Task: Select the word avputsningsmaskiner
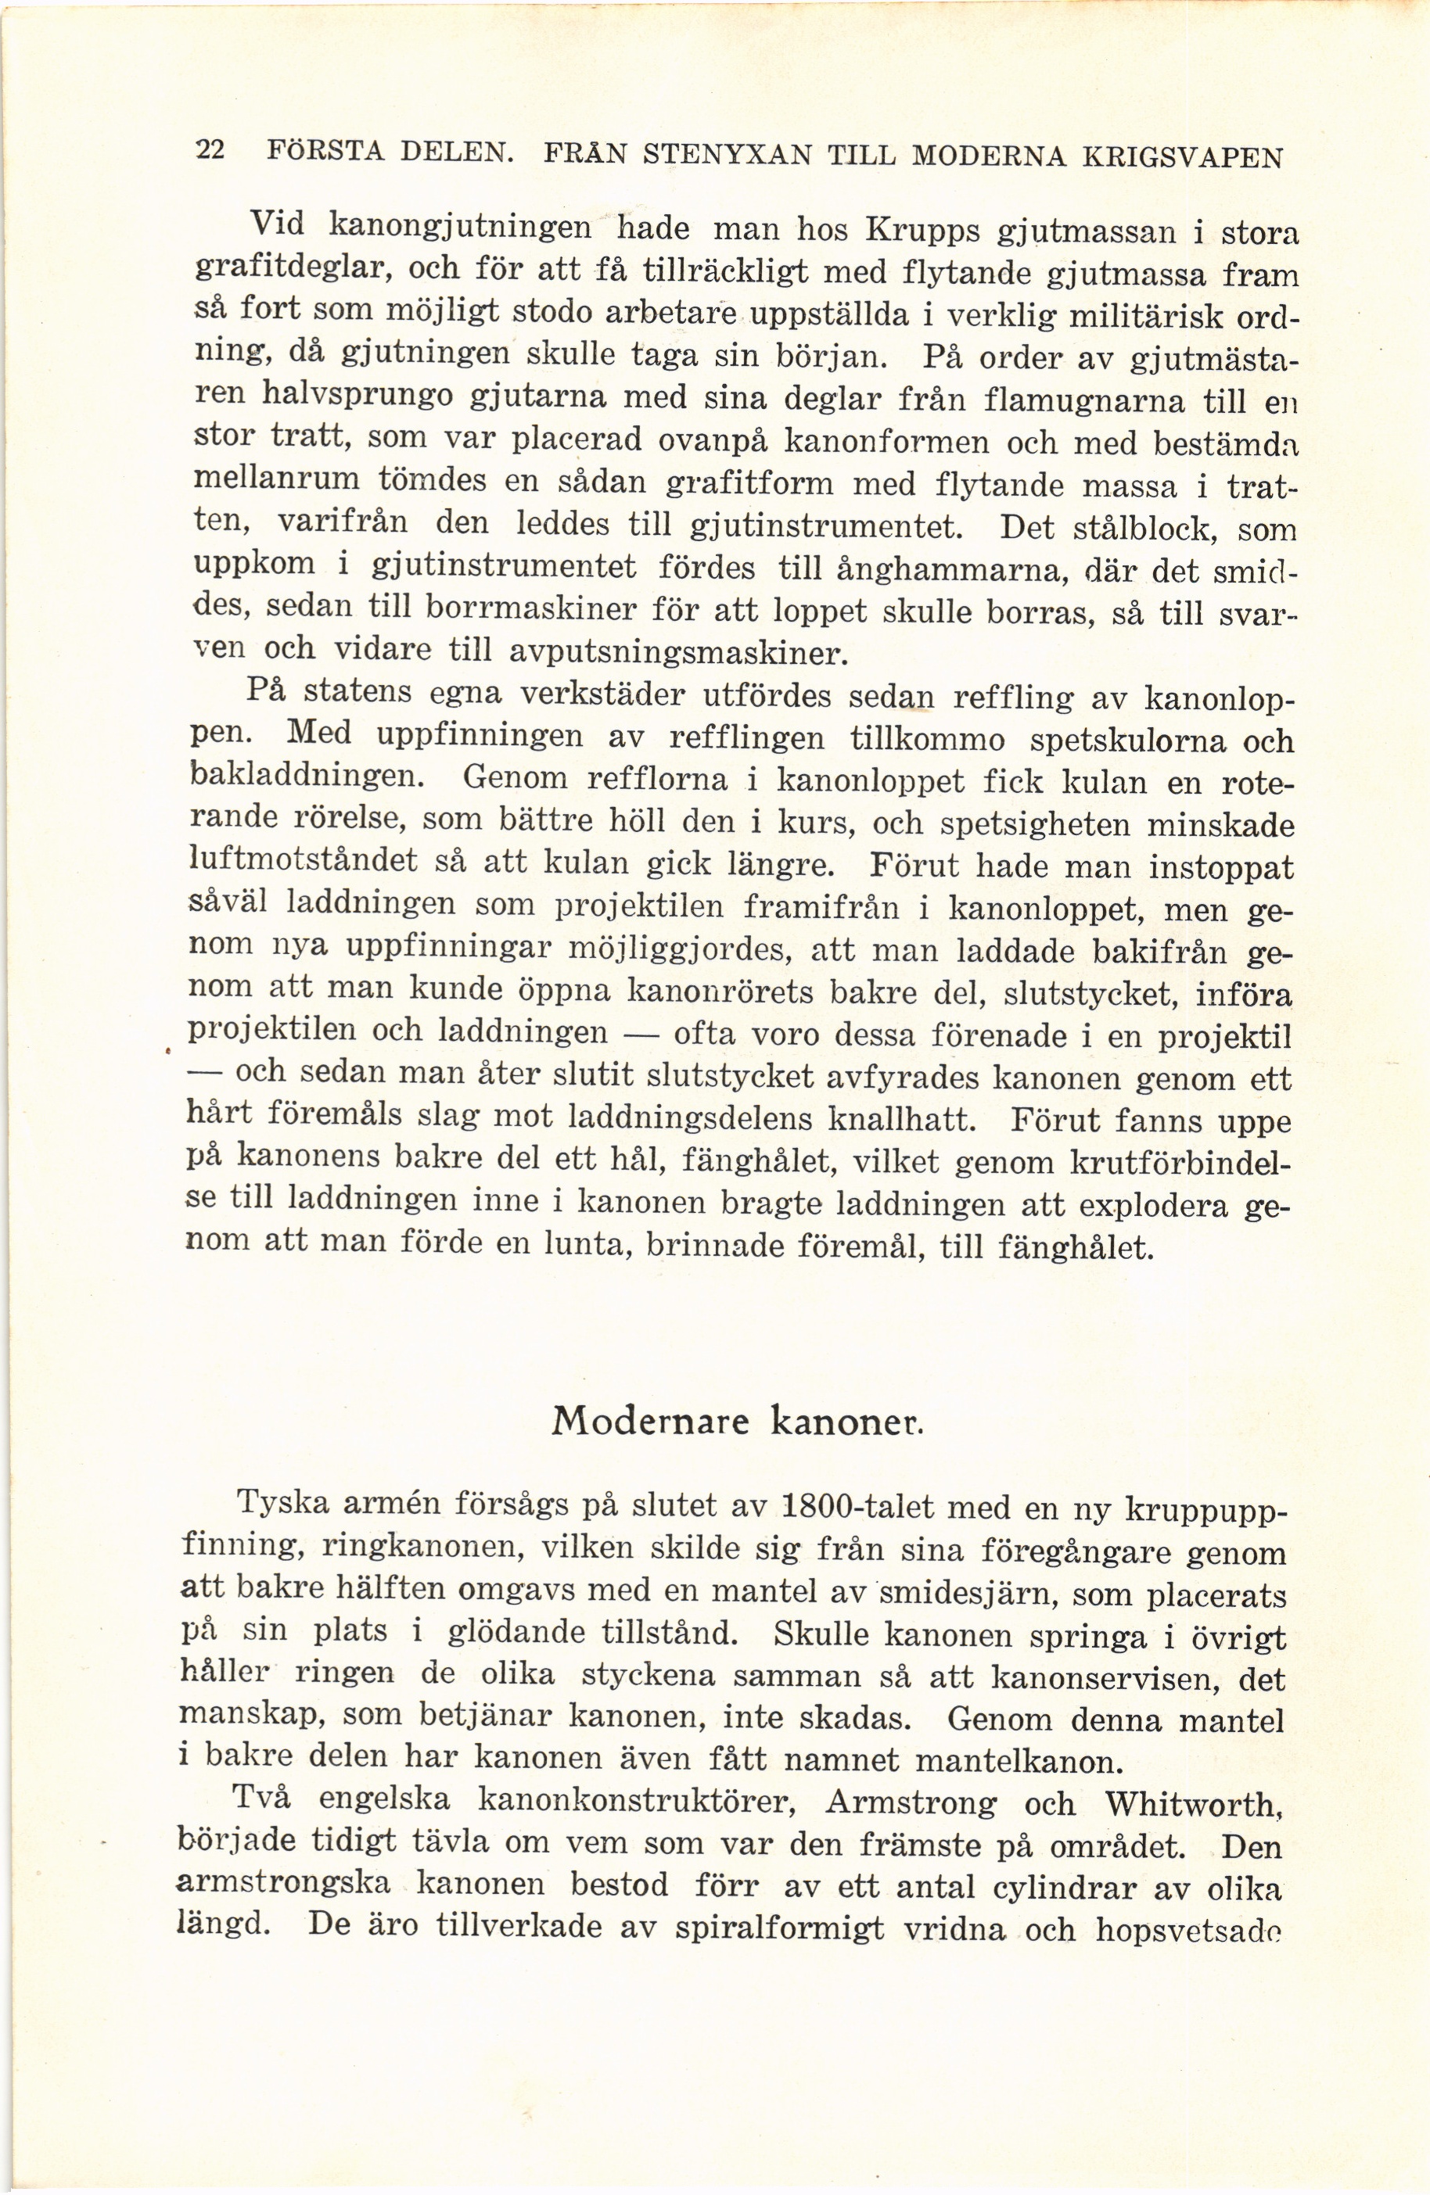pos(676,653)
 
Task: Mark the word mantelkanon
pos(1018,1762)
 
